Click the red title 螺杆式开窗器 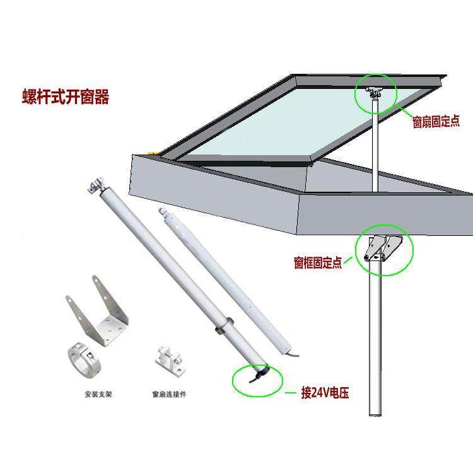pyautogui.click(x=65, y=97)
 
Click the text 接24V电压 pyautogui.click(x=325, y=394)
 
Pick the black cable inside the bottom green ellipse pyautogui.click(x=255, y=377)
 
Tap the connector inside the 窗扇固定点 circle pyautogui.click(x=375, y=93)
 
